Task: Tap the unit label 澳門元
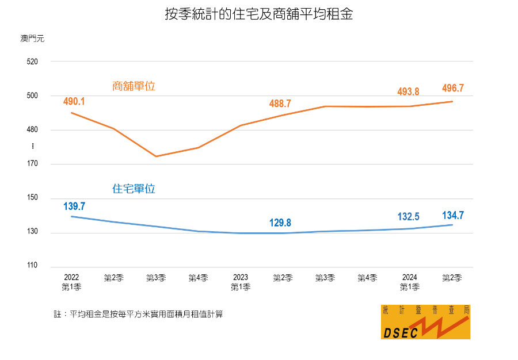click(32, 39)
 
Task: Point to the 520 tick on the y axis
click(32, 62)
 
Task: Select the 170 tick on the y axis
click(32, 164)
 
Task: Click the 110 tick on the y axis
click(32, 266)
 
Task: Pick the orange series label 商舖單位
click(134, 86)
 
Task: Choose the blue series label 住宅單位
click(134, 189)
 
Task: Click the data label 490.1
click(74, 101)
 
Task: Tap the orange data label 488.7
click(280, 104)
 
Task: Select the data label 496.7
click(452, 88)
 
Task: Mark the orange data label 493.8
click(408, 91)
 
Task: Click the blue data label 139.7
click(74, 206)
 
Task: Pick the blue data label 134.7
click(452, 215)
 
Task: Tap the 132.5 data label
click(408, 217)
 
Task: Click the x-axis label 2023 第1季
click(241, 282)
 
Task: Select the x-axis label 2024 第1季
click(409, 282)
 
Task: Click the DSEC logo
click(425, 322)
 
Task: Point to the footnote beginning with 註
click(138, 314)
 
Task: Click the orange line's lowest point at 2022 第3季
click(156, 156)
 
